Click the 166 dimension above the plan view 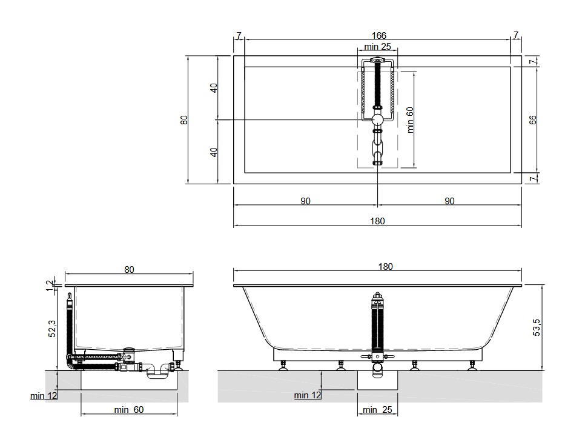point(379,36)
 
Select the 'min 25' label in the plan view point(377,47)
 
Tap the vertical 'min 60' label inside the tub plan point(410,120)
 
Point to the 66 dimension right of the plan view point(532,119)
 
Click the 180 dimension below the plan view point(377,221)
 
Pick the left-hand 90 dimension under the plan point(305,201)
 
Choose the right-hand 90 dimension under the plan point(449,201)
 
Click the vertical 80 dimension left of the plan point(184,119)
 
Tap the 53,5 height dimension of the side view point(537,327)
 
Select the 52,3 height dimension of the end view point(52,329)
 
